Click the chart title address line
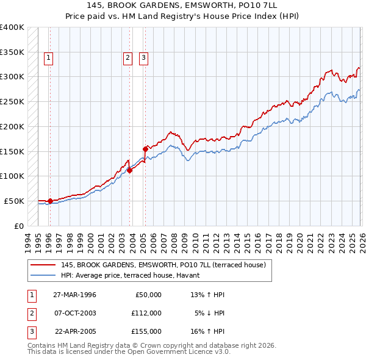coord(183,5)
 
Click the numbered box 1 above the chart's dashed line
coord(49,58)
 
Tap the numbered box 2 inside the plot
coord(127,58)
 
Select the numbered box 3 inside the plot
coord(143,58)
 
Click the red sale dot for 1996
coord(50,201)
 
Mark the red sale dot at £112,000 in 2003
coord(130,170)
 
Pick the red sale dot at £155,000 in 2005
coord(145,148)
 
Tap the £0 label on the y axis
coord(19,226)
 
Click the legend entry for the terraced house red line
coord(163,265)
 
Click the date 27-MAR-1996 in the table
coord(74,295)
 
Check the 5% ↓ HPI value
coord(210,313)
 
